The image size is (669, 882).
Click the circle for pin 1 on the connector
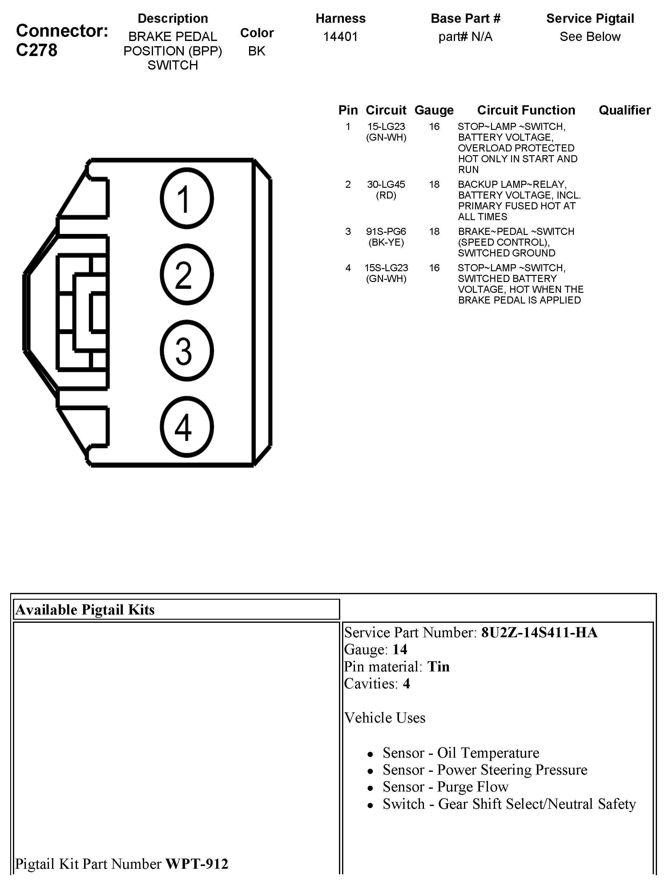click(187, 198)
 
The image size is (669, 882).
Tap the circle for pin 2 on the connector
click(187, 274)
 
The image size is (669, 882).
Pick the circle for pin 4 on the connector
click(187, 427)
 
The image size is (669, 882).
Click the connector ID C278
click(37, 50)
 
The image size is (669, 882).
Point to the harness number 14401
click(340, 37)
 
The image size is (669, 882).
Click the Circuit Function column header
click(526, 110)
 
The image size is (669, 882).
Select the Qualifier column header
click(624, 110)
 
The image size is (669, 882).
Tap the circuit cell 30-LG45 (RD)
click(386, 190)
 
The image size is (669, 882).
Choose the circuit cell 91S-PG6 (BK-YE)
click(386, 237)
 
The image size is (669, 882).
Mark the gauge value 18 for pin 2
click(434, 185)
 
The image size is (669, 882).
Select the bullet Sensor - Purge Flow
click(445, 787)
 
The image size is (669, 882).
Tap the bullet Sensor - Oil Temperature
click(461, 753)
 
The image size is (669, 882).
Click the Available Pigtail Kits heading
click(85, 610)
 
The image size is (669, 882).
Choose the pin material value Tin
click(438, 667)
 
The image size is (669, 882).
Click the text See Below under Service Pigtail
click(590, 37)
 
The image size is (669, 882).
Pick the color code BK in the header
click(256, 51)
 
